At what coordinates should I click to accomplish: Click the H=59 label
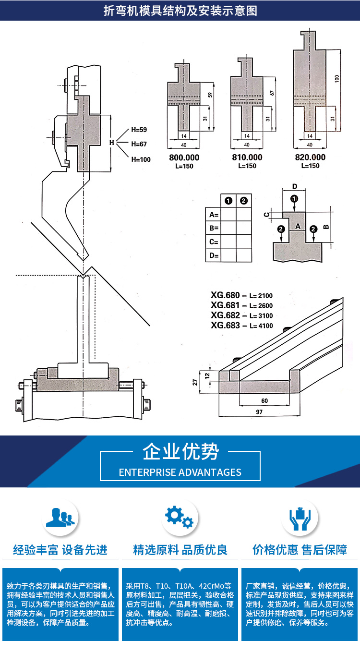pyautogui.click(x=139, y=130)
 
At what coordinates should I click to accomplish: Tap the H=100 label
pyautogui.click(x=141, y=159)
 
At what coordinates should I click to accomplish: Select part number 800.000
pyautogui.click(x=184, y=157)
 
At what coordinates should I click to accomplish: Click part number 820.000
pyautogui.click(x=310, y=157)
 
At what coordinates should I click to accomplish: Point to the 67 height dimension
pyautogui.click(x=272, y=93)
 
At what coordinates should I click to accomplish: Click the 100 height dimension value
pyautogui.click(x=337, y=79)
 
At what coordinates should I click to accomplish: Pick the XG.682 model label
pyautogui.click(x=225, y=315)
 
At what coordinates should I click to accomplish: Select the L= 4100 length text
pyautogui.click(x=262, y=326)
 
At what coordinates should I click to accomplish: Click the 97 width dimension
pyautogui.click(x=259, y=412)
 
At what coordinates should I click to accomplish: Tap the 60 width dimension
pyautogui.click(x=264, y=401)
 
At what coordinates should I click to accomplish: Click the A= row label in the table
pyautogui.click(x=214, y=215)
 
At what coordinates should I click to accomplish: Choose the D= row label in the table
pyautogui.click(x=214, y=255)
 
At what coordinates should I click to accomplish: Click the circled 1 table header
pyautogui.click(x=228, y=201)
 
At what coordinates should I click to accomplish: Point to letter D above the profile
pyautogui.click(x=295, y=186)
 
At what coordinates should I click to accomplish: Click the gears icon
pyautogui.click(x=179, y=517)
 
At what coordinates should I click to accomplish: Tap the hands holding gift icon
pyautogui.click(x=300, y=519)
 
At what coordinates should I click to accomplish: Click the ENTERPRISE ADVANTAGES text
pyautogui.click(x=180, y=472)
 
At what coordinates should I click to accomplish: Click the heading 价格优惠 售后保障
pyautogui.click(x=300, y=550)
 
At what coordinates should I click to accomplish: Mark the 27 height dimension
pyautogui.click(x=195, y=382)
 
